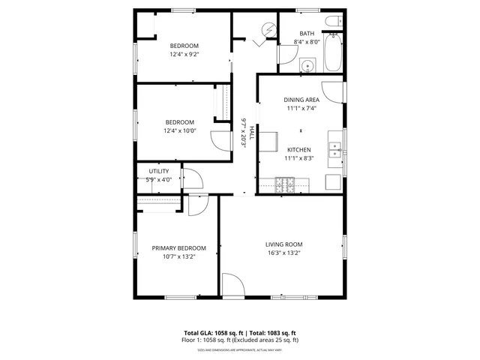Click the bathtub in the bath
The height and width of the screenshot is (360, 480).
(x=334, y=52)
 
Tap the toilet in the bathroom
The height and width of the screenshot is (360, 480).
(x=333, y=22)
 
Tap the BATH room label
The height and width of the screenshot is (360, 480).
(x=307, y=34)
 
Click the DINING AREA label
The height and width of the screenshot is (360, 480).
(x=301, y=100)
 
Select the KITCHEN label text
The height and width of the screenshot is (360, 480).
(x=298, y=150)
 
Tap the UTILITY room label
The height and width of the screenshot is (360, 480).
(x=158, y=172)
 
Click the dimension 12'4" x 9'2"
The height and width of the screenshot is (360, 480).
(x=184, y=54)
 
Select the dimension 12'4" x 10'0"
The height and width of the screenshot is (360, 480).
(x=180, y=131)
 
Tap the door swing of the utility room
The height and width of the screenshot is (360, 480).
(x=191, y=178)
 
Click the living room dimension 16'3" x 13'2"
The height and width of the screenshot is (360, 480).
(x=284, y=253)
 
